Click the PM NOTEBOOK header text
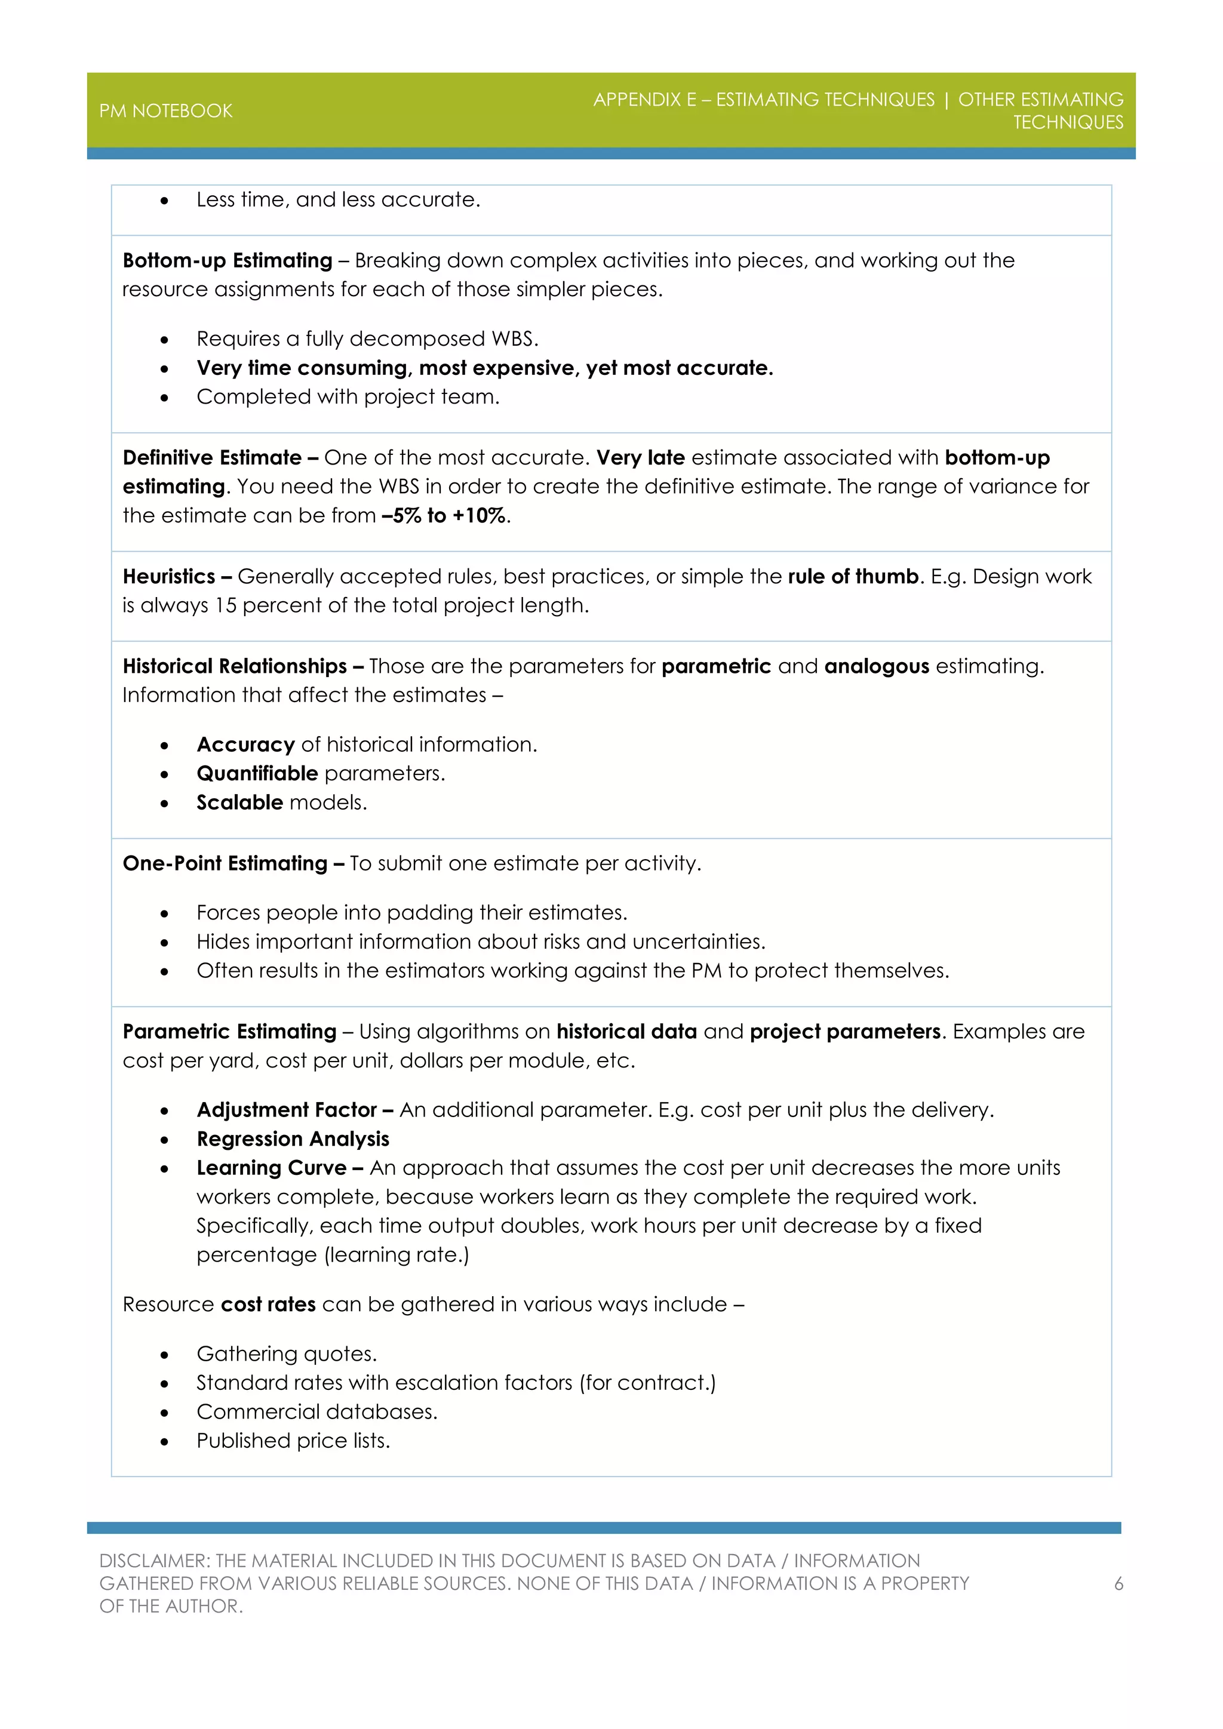click(165, 110)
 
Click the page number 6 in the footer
click(1118, 1584)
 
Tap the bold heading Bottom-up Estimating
click(228, 260)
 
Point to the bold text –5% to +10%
click(444, 516)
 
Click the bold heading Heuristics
click(170, 577)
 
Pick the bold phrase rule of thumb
click(853, 577)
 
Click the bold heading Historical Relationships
click(234, 666)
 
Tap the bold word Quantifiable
click(257, 773)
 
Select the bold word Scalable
click(239, 803)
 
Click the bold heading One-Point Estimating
click(225, 864)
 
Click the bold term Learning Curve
click(271, 1168)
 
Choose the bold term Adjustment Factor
click(286, 1110)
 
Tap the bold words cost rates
click(268, 1305)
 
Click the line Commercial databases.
click(316, 1412)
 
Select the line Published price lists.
click(293, 1441)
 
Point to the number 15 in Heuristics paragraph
click(226, 605)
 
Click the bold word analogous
click(877, 666)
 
